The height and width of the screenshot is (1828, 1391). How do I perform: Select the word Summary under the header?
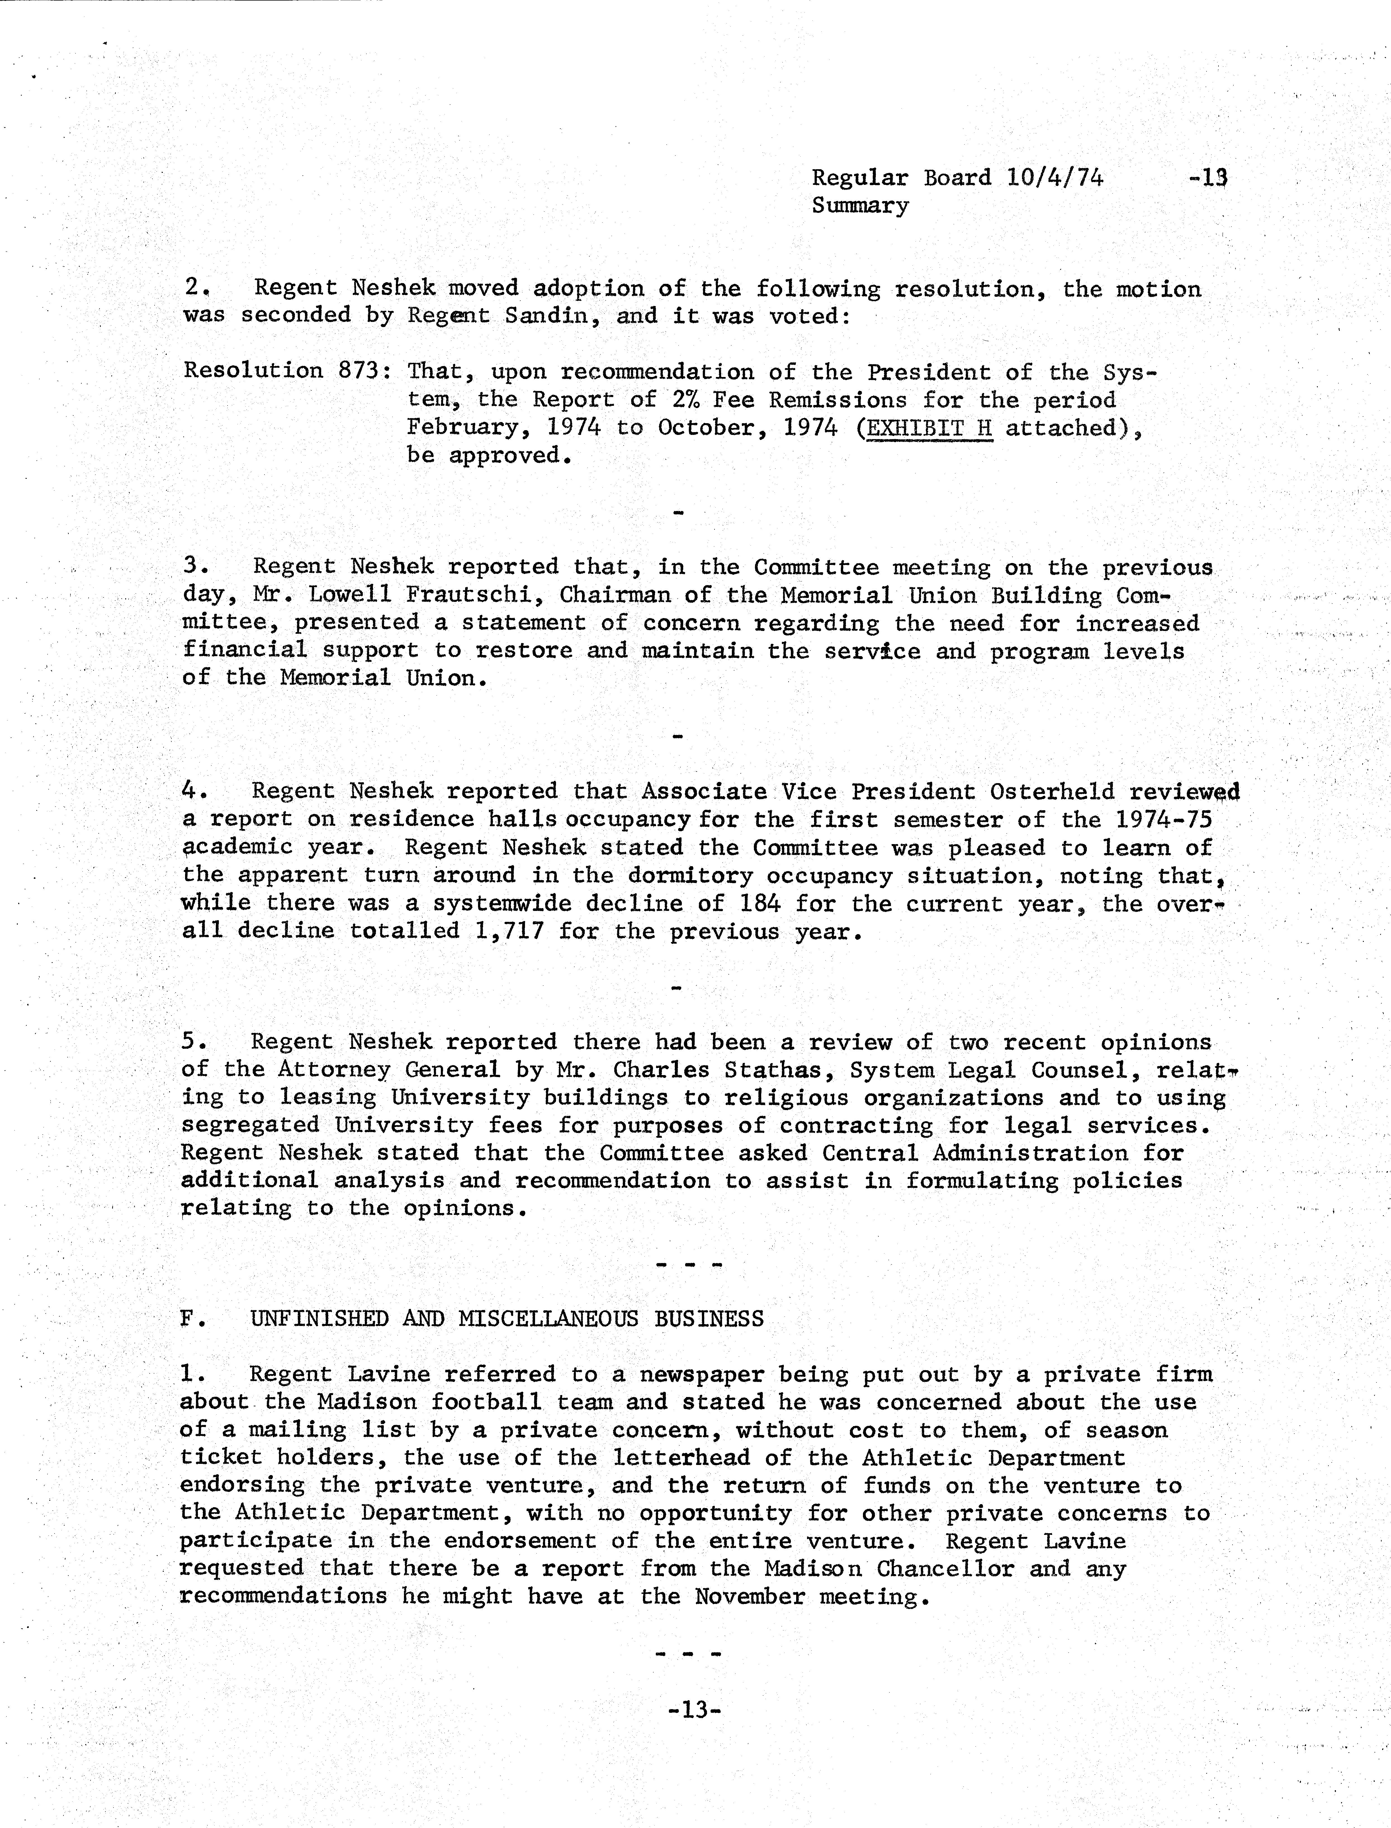(859, 205)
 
